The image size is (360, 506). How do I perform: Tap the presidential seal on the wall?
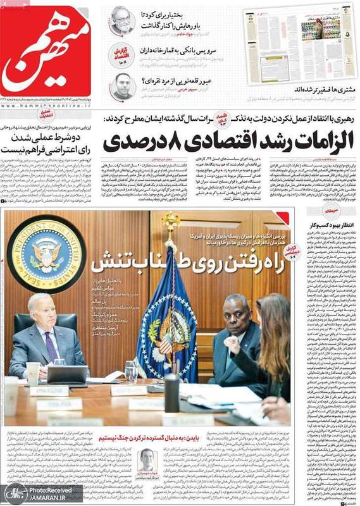tap(45, 254)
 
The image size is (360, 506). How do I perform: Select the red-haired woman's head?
tap(273, 316)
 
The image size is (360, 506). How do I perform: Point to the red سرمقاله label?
tap(330, 211)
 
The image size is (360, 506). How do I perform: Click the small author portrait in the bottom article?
tap(147, 460)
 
